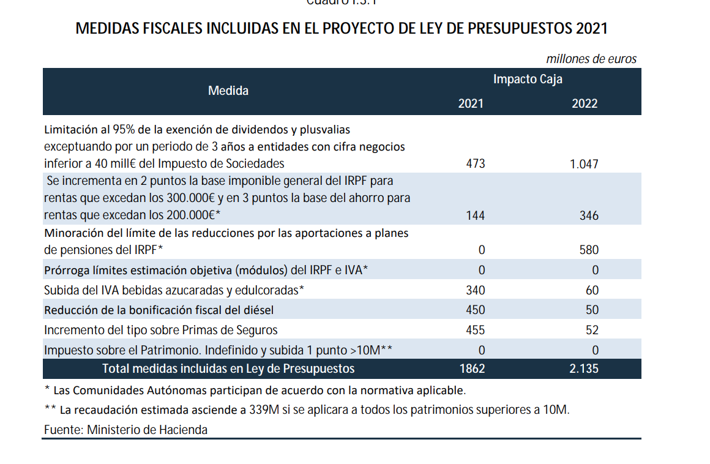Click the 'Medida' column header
228,91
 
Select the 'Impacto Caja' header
528,79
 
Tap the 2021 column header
471,103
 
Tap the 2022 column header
585,103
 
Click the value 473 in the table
475,163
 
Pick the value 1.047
584,163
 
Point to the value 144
475,215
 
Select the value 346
589,215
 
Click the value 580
589,250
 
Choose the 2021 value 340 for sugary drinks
475,290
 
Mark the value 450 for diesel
475,310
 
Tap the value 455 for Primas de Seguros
475,330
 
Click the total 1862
472,369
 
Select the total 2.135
584,369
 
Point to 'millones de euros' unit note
591,59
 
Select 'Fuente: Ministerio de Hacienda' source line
125,430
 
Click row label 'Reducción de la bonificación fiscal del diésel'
159,310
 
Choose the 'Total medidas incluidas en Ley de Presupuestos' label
228,369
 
